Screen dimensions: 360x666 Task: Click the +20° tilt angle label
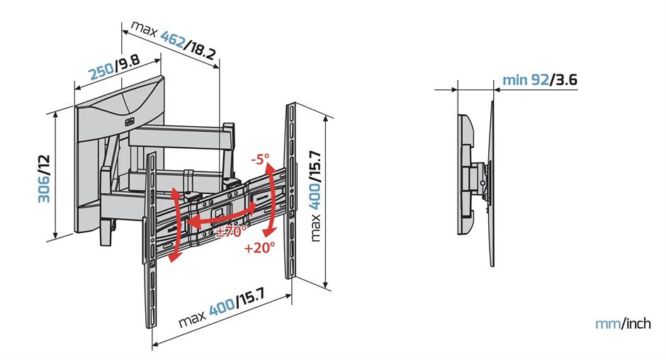point(258,249)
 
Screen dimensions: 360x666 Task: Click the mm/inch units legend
point(623,324)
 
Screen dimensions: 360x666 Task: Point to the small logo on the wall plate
point(128,121)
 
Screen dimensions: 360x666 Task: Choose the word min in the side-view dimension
point(514,79)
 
